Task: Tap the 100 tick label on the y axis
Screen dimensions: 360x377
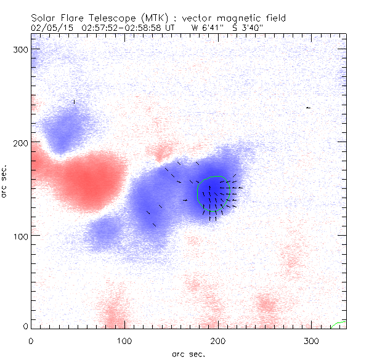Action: [22, 236]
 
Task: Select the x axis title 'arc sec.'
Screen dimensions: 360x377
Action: [188, 353]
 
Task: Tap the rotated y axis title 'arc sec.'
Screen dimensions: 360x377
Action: [6, 181]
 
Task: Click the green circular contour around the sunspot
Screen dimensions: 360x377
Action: [197, 193]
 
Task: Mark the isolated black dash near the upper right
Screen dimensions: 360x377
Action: [308, 108]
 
